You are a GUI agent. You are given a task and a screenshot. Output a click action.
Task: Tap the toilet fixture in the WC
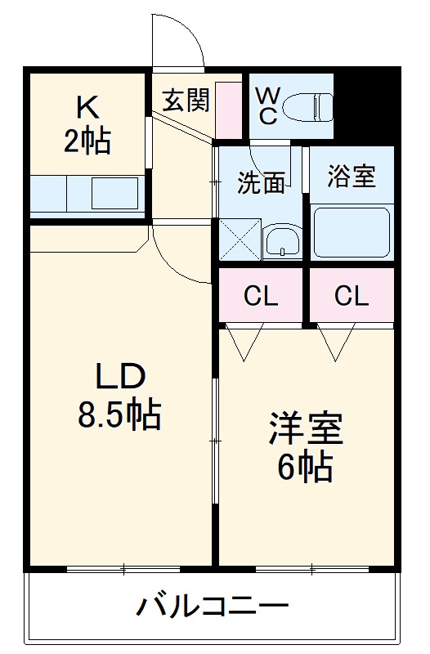tap(311, 105)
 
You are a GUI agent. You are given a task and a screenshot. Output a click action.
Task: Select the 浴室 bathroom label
tap(352, 177)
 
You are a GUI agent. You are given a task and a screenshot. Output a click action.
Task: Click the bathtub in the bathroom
tap(352, 232)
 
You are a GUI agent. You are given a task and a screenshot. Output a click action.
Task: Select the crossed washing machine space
tap(240, 240)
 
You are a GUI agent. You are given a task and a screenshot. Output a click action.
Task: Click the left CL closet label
tap(261, 296)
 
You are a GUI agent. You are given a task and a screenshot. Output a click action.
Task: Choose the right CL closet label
tap(352, 296)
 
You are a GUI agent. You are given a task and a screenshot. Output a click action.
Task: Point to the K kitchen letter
tap(87, 107)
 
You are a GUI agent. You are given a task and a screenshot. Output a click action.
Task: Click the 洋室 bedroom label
tap(306, 429)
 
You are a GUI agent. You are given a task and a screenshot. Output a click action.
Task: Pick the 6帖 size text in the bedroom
tap(304, 468)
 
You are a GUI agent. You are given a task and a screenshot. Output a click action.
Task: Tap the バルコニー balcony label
tap(212, 607)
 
